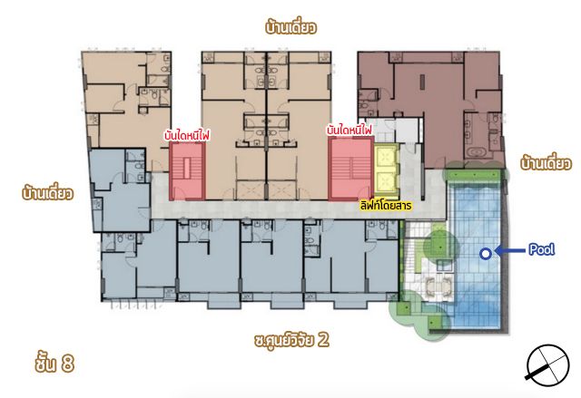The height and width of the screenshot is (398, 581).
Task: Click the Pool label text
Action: [x=541, y=249]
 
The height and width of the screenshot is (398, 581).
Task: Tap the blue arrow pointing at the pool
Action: [x=510, y=251]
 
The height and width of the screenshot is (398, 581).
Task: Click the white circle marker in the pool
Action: [x=485, y=254]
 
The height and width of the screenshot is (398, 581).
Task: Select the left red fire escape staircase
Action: [x=187, y=171]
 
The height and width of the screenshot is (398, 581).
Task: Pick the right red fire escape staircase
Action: [x=351, y=169]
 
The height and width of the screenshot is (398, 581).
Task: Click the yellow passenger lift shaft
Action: [x=387, y=170]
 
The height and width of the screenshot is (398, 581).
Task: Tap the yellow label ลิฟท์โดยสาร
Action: [x=386, y=205]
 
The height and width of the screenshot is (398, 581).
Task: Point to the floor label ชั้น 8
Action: [x=54, y=363]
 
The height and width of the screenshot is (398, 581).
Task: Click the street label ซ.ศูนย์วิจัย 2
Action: [x=291, y=340]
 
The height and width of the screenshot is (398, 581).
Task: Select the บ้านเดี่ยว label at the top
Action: [x=290, y=27]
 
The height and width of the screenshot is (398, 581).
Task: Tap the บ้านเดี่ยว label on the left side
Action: [x=48, y=193]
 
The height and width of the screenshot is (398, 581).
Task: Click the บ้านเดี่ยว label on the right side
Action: [x=546, y=163]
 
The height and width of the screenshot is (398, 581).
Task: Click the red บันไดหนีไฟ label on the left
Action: [x=187, y=135]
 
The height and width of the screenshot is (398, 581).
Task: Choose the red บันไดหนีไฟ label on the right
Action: [x=350, y=131]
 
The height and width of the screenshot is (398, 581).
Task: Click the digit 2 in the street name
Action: [x=323, y=340]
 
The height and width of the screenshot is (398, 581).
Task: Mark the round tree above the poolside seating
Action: [x=440, y=246]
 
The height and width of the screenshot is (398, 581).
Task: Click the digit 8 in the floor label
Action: [x=68, y=364]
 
